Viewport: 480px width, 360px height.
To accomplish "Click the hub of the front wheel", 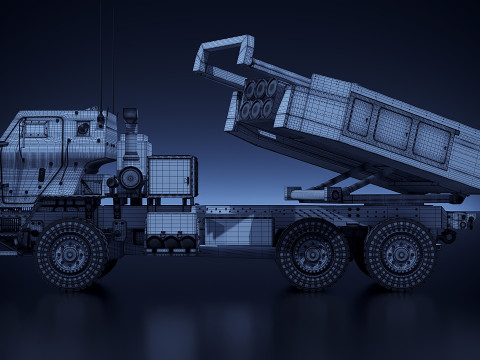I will pos(71,254).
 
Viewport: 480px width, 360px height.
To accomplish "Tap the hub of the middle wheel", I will pos(312,254).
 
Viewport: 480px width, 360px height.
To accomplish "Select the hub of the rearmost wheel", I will pos(400,254).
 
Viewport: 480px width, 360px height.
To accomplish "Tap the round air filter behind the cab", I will pos(130,179).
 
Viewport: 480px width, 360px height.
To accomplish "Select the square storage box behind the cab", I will pos(171,176).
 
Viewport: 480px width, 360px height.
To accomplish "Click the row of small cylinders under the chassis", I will pos(170,241).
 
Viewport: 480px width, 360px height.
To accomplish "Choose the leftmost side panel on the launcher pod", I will pos(359,118).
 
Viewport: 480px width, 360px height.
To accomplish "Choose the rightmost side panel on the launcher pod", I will pos(431,142).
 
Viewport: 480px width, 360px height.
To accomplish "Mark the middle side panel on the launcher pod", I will pos(392,129).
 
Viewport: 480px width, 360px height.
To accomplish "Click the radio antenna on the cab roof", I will pos(100,60).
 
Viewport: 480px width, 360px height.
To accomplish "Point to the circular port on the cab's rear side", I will pos(83,129).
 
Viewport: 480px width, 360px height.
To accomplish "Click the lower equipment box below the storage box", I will pos(171,222).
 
